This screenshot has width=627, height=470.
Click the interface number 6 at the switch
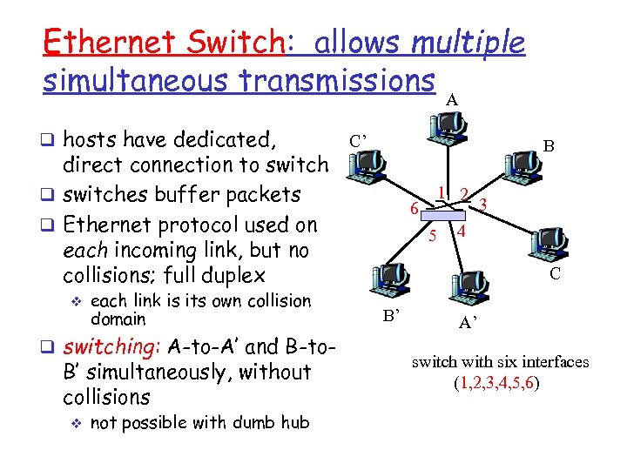pyautogui.click(x=415, y=207)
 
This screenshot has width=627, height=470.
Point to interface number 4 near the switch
pyautogui.click(x=462, y=232)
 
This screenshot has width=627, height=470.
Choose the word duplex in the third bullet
pyautogui.click(x=232, y=276)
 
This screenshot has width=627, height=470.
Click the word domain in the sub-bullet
pyautogui.click(x=118, y=319)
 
